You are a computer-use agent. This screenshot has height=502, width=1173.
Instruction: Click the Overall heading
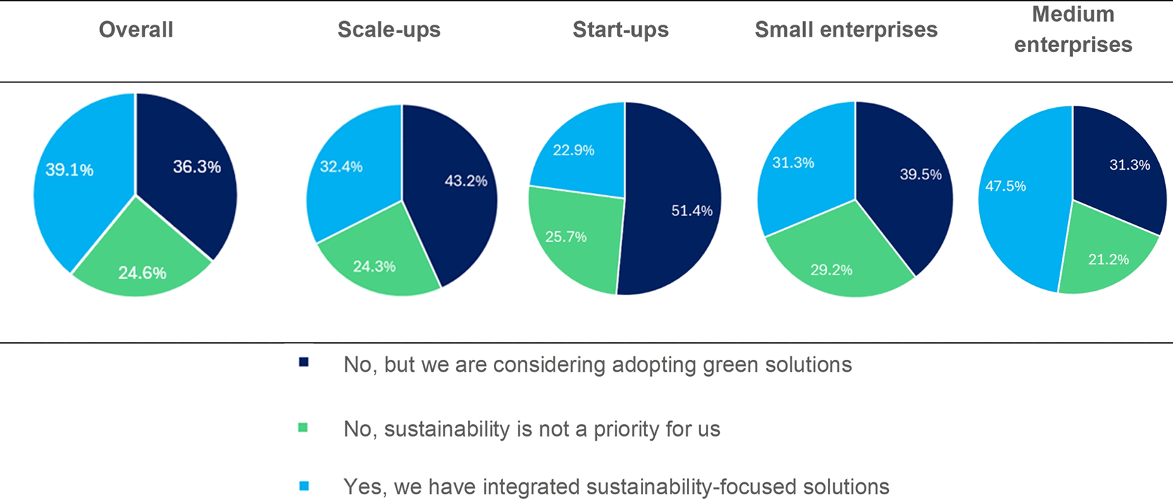click(136, 30)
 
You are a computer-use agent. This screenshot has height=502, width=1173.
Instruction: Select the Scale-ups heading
click(389, 30)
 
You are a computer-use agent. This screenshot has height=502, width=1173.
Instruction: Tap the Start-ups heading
click(621, 30)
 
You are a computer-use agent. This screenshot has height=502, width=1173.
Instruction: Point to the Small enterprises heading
click(846, 30)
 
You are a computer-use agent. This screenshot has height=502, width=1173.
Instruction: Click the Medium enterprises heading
click(1073, 30)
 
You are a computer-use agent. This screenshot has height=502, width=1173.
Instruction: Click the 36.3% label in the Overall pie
click(197, 167)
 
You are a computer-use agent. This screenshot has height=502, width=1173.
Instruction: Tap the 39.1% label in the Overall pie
click(69, 170)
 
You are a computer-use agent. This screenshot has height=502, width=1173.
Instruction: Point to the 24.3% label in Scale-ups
click(374, 266)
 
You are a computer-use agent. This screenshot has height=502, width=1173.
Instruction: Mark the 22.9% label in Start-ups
click(573, 151)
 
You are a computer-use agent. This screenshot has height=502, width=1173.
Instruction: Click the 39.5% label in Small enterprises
click(921, 175)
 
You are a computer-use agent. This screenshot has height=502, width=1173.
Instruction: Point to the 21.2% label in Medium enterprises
click(1109, 260)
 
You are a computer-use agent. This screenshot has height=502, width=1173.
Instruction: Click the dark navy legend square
click(304, 362)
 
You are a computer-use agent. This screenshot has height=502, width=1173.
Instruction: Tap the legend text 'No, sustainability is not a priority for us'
click(532, 429)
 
